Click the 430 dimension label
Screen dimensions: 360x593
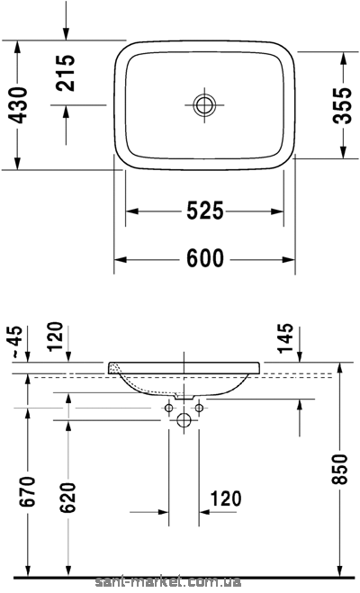[x=18, y=105]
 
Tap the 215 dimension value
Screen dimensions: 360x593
[x=66, y=73]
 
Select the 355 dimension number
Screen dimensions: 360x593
[x=342, y=105]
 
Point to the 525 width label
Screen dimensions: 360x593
[x=205, y=211]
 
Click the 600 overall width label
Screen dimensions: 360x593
[x=205, y=258]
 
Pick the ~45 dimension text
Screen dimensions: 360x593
[x=17, y=342]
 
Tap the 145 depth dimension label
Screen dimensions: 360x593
[x=285, y=338]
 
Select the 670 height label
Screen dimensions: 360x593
[x=29, y=491]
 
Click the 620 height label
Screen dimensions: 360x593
[x=68, y=498]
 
